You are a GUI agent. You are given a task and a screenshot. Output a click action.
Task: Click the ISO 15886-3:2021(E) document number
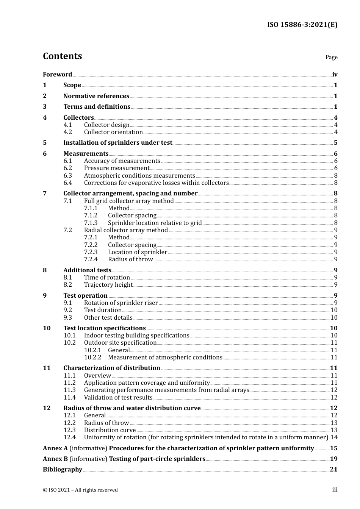point(302,25)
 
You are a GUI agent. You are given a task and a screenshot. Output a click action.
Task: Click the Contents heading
point(62,56)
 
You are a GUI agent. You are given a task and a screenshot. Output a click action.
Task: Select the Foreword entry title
point(57,75)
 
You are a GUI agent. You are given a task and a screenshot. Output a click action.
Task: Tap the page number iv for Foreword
point(335,75)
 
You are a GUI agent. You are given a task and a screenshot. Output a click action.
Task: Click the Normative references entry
point(96,96)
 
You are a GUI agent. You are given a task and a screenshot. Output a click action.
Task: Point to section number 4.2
point(67,132)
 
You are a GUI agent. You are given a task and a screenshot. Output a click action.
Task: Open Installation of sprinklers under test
point(117,143)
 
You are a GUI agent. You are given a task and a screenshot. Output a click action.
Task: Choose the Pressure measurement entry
point(116,168)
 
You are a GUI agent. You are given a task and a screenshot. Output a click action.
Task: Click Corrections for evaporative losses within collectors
point(156,183)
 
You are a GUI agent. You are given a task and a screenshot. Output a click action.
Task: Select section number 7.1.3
point(91,223)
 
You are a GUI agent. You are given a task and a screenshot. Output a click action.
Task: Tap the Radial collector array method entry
point(126,230)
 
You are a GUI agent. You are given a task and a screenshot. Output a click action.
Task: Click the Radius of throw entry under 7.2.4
point(130,259)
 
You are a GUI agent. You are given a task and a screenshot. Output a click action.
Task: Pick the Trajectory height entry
point(108,285)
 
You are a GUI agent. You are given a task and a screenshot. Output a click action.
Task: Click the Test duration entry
point(103,310)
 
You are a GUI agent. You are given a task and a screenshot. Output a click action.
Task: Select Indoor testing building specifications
point(136,336)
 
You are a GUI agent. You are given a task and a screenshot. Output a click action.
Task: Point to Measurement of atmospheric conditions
point(165,358)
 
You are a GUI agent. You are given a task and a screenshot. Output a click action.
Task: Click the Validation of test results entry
point(118,398)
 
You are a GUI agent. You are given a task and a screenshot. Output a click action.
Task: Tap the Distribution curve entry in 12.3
point(110,430)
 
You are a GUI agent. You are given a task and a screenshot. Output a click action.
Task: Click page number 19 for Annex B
point(333,459)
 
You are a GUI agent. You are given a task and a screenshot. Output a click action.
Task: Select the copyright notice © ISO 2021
point(80,490)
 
